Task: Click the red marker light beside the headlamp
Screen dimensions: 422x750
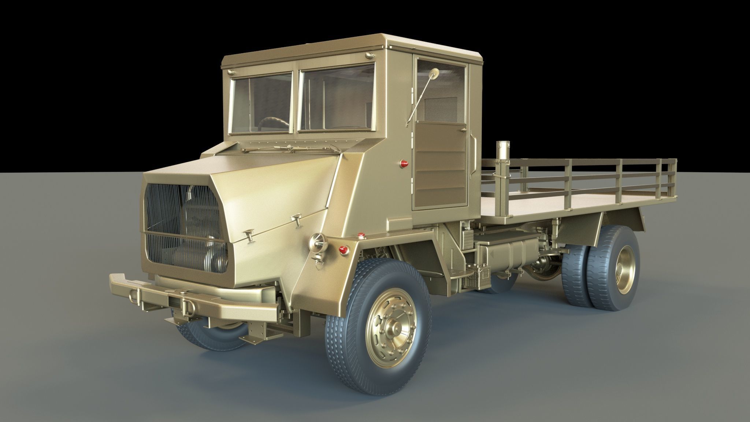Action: pos(343,250)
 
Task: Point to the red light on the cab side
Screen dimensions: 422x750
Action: pos(404,163)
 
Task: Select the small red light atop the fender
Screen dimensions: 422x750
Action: pos(363,234)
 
